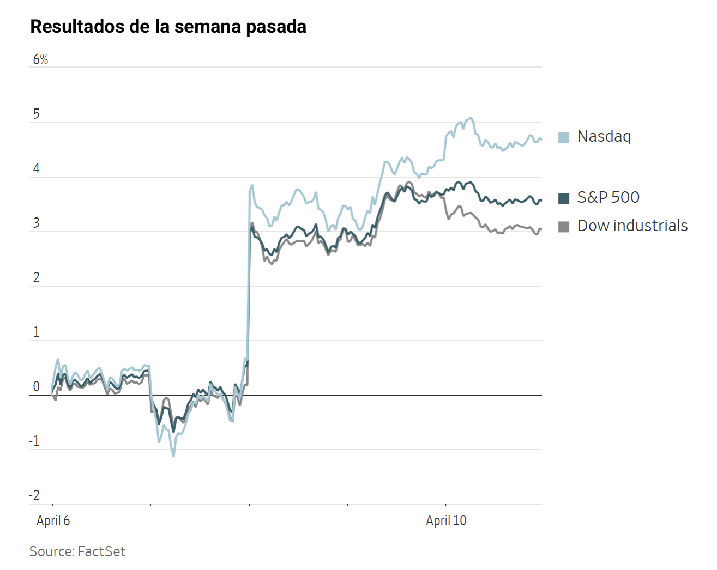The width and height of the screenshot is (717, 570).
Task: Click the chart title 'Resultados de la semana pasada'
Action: tap(168, 26)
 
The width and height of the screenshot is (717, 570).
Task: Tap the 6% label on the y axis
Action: tap(40, 60)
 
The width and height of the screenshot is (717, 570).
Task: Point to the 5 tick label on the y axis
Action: tap(37, 114)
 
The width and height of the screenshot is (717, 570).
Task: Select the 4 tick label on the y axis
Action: tap(37, 169)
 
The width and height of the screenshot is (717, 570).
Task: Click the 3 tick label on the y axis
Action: tap(37, 223)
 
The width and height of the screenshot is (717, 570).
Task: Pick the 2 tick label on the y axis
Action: tap(37, 278)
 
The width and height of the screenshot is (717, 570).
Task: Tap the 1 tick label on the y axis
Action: tap(37, 332)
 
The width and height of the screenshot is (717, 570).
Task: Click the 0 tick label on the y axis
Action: tap(37, 387)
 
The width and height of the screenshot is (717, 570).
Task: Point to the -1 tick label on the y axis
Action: tap(34, 441)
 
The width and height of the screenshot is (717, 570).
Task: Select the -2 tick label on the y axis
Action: tap(34, 496)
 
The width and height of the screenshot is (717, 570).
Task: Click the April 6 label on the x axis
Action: tap(53, 520)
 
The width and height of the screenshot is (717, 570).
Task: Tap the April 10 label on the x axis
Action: tap(446, 520)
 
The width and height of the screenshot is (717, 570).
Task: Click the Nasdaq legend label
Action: tap(604, 136)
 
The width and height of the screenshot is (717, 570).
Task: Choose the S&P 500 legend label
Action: tap(608, 197)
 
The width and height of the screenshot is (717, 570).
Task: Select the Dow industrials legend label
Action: tap(632, 226)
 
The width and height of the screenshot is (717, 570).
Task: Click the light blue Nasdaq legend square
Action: tap(564, 137)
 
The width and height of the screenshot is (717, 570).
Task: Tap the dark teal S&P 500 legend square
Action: tap(564, 198)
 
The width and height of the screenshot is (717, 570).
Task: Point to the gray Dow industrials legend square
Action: tap(564, 227)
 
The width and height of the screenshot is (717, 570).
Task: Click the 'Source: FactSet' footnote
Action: tap(77, 551)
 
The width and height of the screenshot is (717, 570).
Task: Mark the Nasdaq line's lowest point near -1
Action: tap(173, 456)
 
